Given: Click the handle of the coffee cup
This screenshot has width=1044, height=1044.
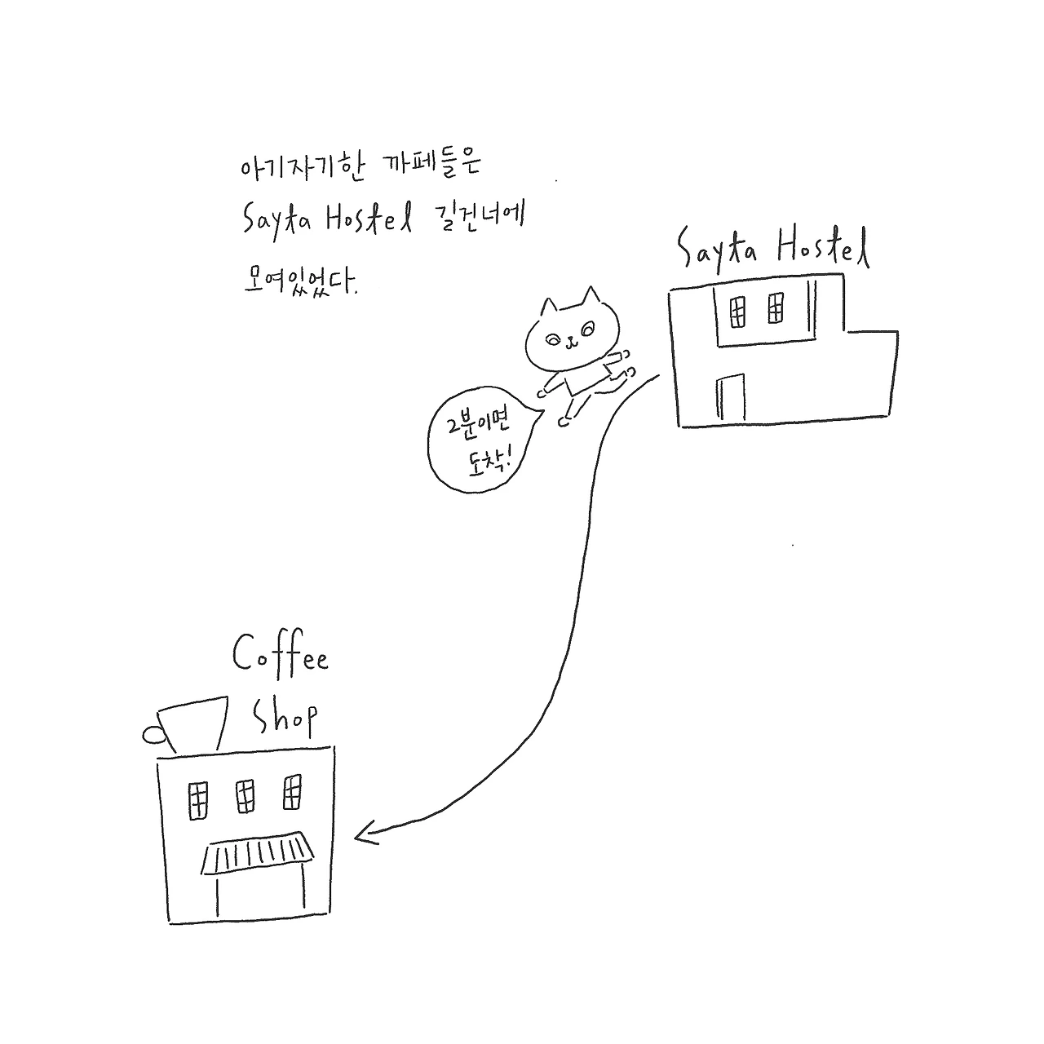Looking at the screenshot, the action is point(153,735).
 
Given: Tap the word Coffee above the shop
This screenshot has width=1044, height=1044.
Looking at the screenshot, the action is point(281,654).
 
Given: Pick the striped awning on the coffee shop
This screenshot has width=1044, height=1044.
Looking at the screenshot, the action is point(258,853).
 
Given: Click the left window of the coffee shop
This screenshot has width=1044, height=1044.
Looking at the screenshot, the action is point(197,798).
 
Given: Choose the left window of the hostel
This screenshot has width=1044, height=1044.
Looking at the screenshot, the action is point(737,310).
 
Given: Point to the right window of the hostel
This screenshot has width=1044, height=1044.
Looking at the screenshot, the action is point(776,308).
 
